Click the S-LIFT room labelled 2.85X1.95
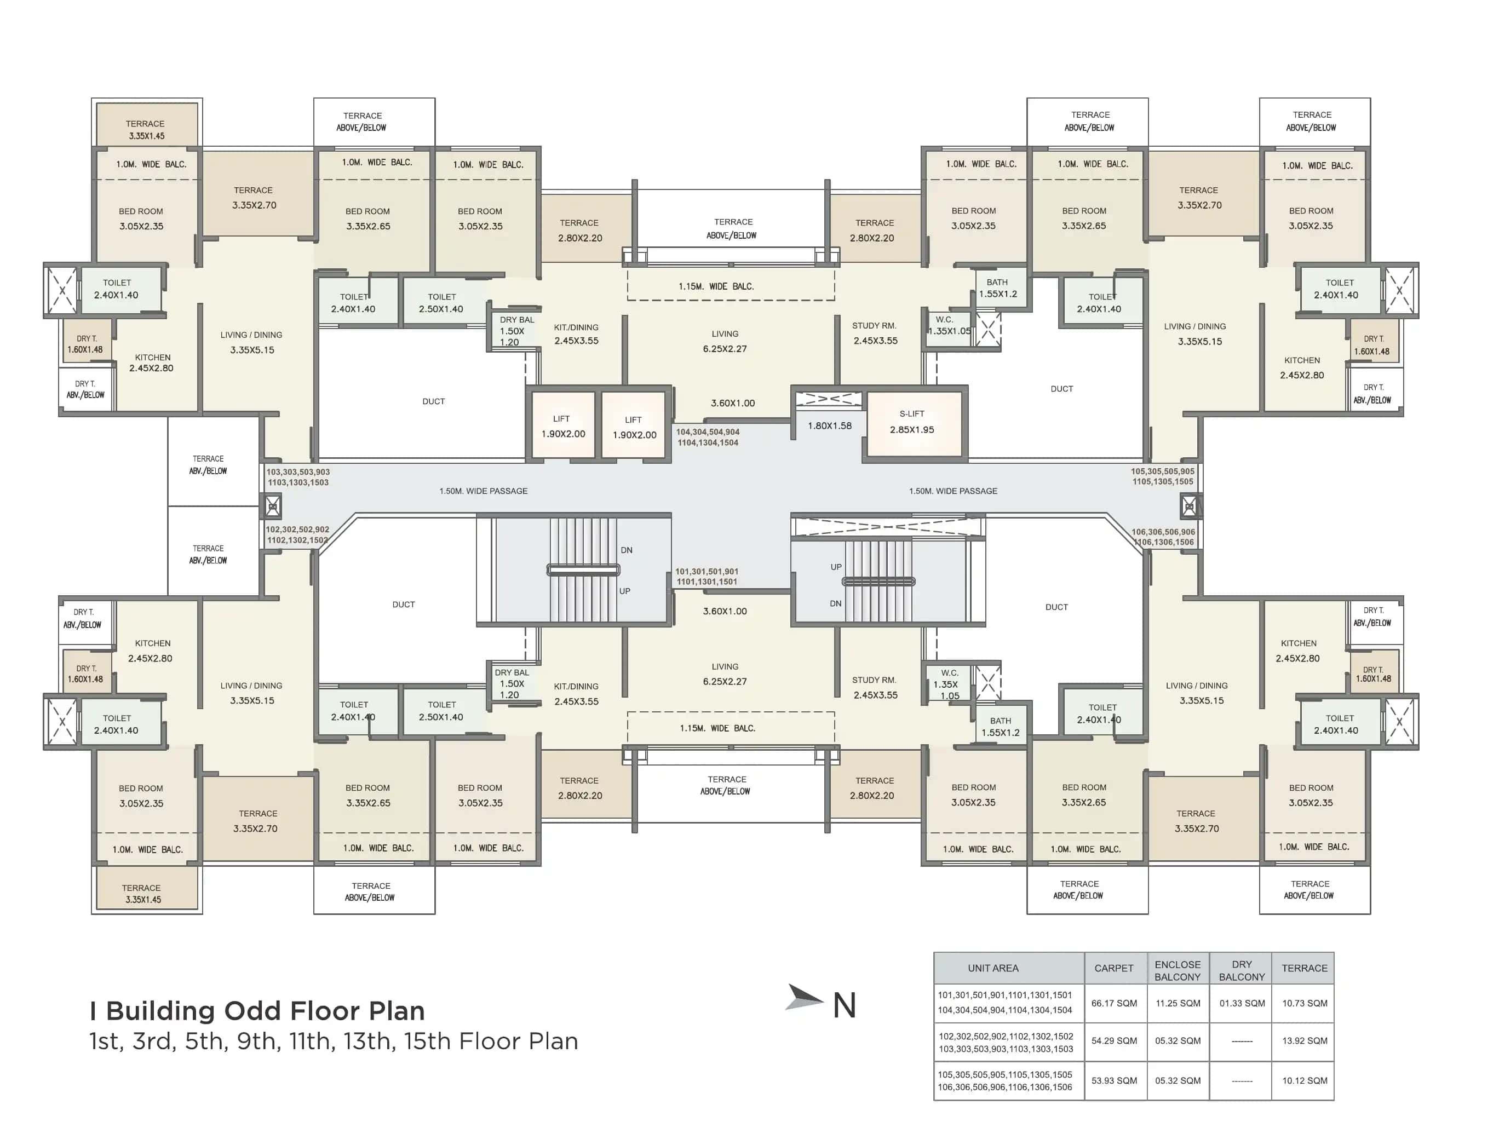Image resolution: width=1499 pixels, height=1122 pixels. click(911, 422)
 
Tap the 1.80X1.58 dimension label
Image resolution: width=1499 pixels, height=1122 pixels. click(830, 426)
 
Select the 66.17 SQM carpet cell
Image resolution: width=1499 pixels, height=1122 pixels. click(1114, 1003)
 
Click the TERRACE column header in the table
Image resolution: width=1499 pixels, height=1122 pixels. click(1304, 968)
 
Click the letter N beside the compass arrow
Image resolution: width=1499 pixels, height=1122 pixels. click(845, 1005)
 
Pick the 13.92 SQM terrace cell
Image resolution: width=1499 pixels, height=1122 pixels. click(1304, 1041)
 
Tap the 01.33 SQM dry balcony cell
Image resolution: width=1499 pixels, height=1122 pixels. click(1242, 1003)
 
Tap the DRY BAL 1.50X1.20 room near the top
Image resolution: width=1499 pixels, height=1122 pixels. click(514, 331)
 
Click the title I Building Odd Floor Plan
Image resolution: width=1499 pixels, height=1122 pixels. click(257, 1011)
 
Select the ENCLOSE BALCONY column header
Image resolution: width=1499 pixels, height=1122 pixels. click(1177, 970)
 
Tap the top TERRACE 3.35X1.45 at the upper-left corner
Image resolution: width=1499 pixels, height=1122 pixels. click(146, 129)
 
